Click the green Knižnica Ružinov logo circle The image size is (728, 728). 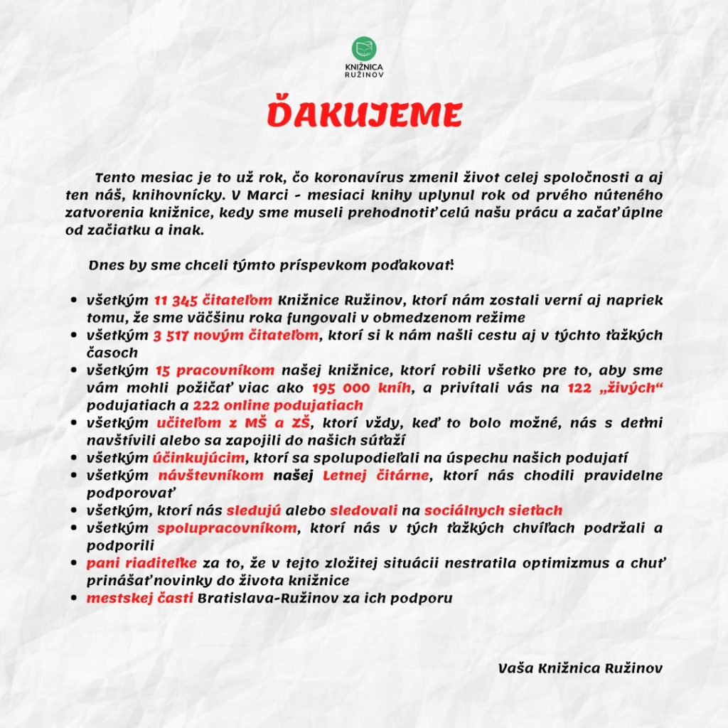[x=364, y=49]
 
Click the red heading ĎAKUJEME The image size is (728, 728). [x=364, y=115]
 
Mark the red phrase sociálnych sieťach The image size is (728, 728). [x=493, y=510]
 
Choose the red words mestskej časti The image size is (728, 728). [x=139, y=598]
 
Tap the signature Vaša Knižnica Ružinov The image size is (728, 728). [x=580, y=668]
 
